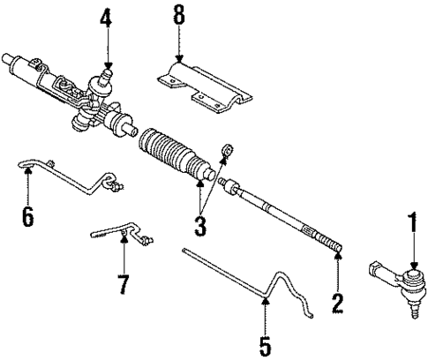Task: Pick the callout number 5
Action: (x=263, y=341)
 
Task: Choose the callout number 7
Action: (x=123, y=285)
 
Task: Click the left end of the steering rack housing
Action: (x=11, y=62)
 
